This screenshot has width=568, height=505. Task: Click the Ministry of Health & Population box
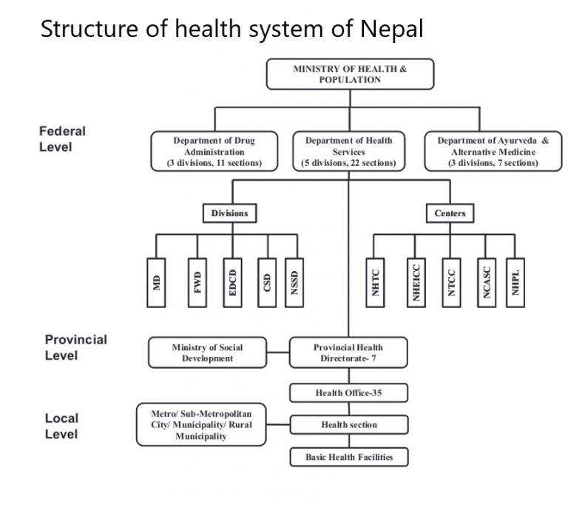click(349, 74)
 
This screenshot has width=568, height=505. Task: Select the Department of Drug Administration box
click(214, 151)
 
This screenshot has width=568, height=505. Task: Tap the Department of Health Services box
click(348, 151)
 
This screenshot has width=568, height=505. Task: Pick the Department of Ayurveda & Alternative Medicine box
click(493, 151)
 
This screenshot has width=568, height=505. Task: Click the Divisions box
click(229, 213)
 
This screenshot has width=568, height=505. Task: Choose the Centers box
click(450, 213)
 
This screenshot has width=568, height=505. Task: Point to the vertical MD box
click(156, 282)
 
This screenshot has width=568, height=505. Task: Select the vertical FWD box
click(197, 282)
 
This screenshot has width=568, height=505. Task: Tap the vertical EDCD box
click(232, 282)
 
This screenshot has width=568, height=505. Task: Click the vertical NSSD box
click(295, 282)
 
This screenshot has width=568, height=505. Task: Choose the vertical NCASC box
click(486, 282)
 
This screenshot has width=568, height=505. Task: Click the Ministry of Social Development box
click(207, 352)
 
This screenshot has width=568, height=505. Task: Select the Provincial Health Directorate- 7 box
click(348, 352)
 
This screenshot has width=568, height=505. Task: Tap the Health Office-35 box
click(348, 392)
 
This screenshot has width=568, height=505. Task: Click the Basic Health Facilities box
click(348, 457)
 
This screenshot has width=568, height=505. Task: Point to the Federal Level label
click(62, 138)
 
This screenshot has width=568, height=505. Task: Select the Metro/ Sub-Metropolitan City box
click(200, 424)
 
